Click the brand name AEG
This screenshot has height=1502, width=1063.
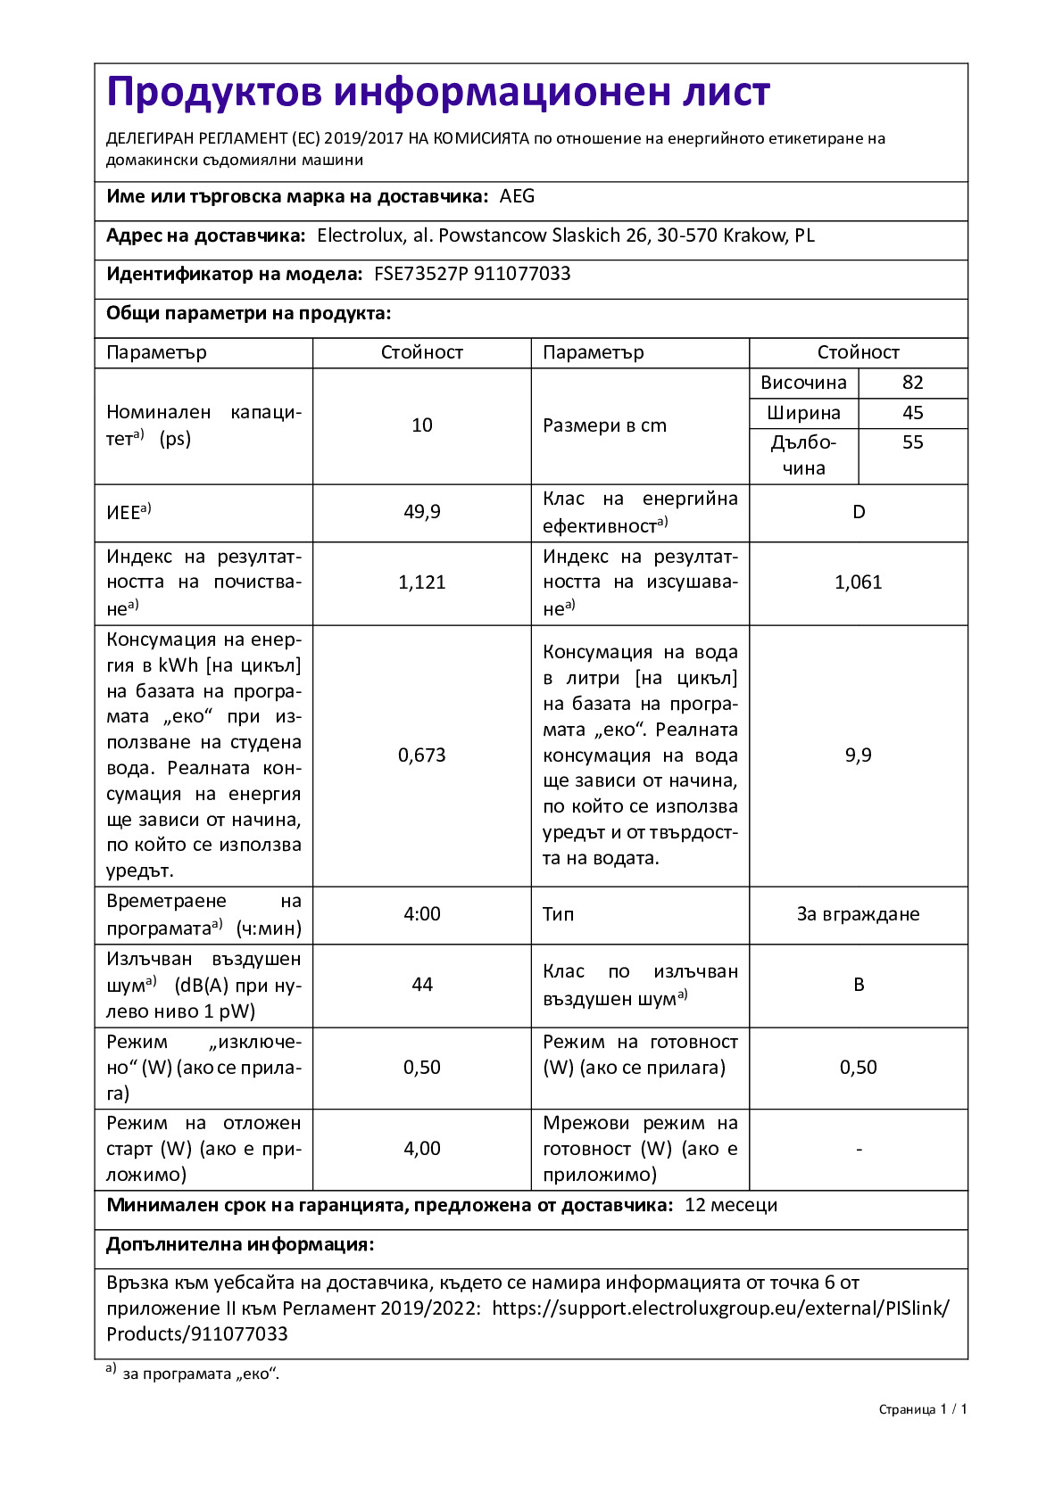tap(517, 197)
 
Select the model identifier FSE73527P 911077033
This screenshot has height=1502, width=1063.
tap(472, 274)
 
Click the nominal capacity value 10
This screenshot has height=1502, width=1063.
tap(422, 425)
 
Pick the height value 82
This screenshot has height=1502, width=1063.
tap(912, 383)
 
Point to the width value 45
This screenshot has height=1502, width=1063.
tap(912, 413)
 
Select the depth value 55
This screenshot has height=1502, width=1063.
tap(912, 442)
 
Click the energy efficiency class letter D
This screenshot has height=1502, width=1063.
tap(859, 512)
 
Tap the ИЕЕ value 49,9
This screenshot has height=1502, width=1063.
tap(422, 512)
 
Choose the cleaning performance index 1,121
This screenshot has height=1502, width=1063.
tap(422, 582)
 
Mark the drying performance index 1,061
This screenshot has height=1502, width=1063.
tap(859, 582)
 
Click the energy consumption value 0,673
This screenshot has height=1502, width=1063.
tap(422, 755)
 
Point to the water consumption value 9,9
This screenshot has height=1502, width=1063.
tap(859, 755)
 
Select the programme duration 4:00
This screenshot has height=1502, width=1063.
tap(422, 914)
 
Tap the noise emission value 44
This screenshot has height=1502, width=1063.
tap(422, 985)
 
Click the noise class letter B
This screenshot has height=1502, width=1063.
tap(859, 985)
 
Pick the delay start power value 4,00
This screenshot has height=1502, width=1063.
tap(422, 1149)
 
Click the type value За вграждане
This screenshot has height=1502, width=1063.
tap(858, 914)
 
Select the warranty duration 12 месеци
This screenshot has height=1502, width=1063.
tap(731, 1205)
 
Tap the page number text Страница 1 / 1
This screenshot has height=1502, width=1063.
tap(923, 1409)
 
